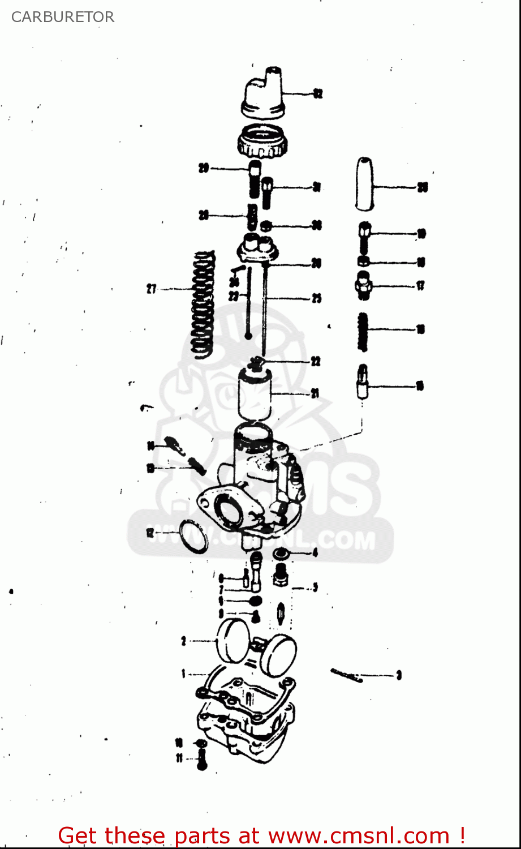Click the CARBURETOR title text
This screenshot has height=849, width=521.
pos(63,17)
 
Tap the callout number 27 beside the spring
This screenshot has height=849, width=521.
pos(152,289)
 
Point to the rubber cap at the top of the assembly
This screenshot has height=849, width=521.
pos(264,93)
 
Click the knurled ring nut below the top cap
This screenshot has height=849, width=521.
pos(262,142)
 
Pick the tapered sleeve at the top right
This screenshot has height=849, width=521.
pos(365,183)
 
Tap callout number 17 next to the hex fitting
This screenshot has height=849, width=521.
pos(420,286)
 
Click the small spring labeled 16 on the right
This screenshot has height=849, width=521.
pos(364,332)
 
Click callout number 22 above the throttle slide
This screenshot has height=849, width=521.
pos(316,361)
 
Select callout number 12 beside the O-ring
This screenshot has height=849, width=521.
pos(150,533)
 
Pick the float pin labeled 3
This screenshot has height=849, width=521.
pos(346,675)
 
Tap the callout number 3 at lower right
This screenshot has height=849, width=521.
pos(399,675)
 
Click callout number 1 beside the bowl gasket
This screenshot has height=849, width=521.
pos(183,674)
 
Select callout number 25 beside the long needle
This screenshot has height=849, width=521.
pos(316,298)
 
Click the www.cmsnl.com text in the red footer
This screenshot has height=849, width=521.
pos(358,835)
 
